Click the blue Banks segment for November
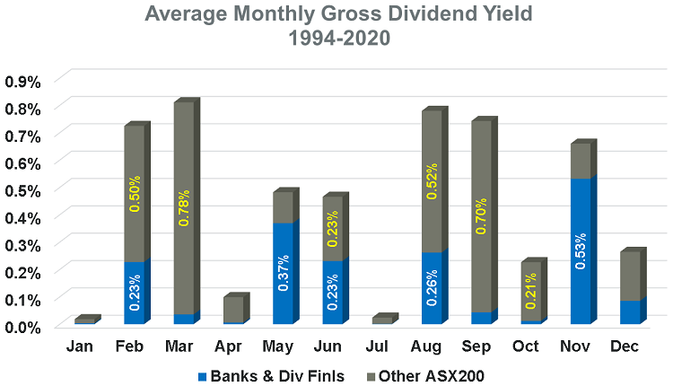(581, 251)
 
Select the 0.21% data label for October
(531, 284)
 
